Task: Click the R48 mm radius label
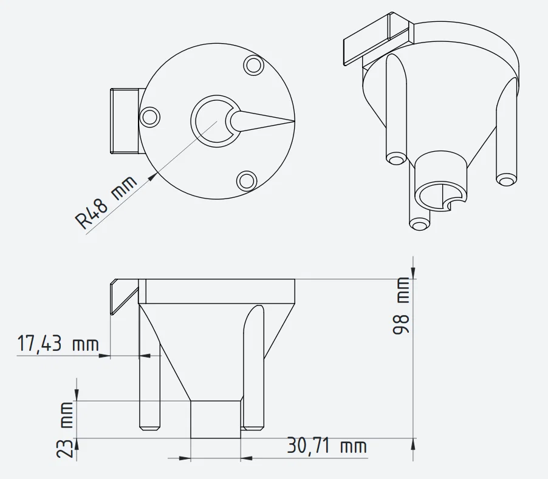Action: [106, 203]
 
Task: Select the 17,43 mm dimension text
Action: [58, 343]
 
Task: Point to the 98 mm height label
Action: [401, 305]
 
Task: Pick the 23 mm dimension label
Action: [64, 430]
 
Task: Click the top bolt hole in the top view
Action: [253, 65]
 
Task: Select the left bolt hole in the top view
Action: [149, 117]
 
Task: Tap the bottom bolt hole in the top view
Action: [247, 181]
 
